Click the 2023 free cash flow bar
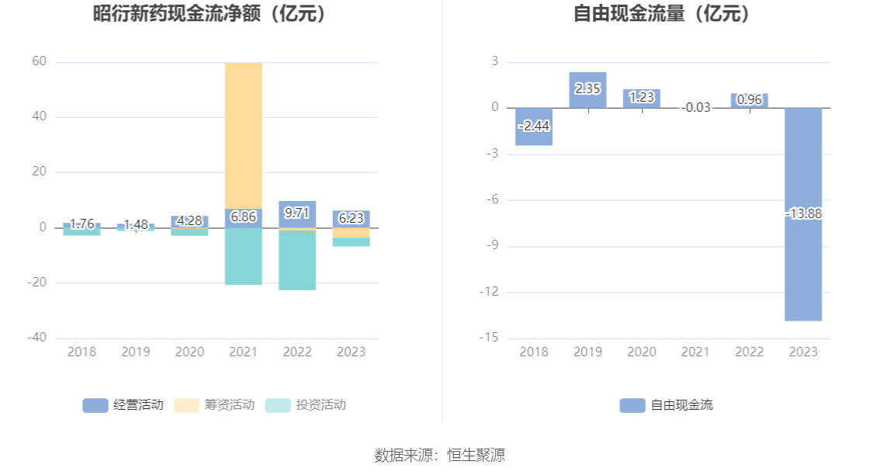tap(803, 264)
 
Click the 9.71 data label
tap(297, 212)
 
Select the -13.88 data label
tap(803, 213)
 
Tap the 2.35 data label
tap(587, 88)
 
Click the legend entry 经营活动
tap(123, 404)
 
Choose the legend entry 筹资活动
tap(215, 404)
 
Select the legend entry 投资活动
tap(306, 404)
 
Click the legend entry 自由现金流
tap(667, 404)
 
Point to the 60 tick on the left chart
tap(38, 61)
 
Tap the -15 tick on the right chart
tap(490, 338)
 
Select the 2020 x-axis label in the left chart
tap(189, 352)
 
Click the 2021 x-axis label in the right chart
tap(695, 352)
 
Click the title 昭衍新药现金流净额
tap(210, 13)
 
